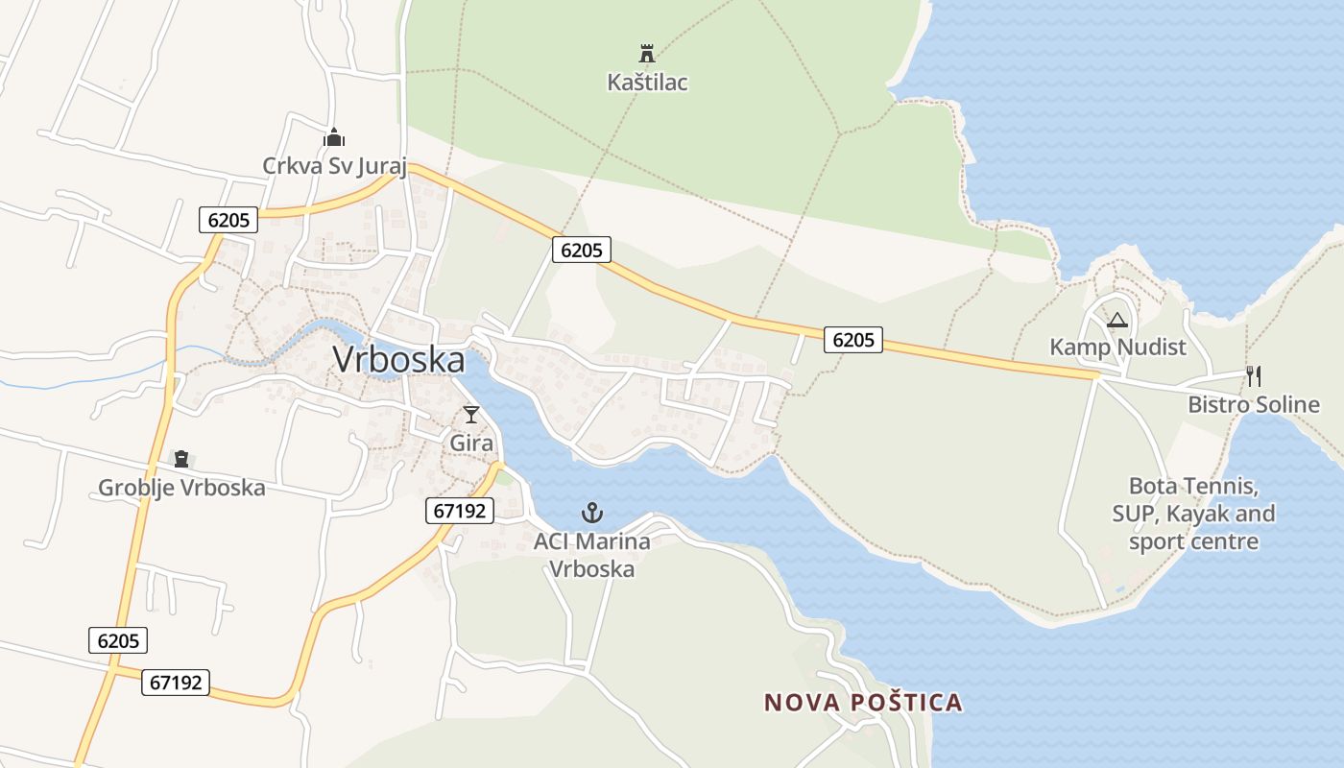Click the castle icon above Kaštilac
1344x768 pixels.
pos(647,53)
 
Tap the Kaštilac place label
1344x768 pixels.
pos(647,83)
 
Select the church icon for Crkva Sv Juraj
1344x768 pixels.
pos(334,137)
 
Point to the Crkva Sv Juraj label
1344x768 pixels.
pos(335,166)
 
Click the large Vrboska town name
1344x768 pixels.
pos(398,360)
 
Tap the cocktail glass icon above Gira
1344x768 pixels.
pos(471,415)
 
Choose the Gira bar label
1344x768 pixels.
pos(471,444)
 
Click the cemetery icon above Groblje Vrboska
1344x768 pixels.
pos(181,459)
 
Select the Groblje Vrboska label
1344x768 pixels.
pos(181,488)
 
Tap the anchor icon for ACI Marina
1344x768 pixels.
pos(592,512)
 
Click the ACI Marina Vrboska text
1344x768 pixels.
pos(592,555)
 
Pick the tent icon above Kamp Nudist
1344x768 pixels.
pos(1116,320)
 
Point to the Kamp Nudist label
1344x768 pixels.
pos(1117,348)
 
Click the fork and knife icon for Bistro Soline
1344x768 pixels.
pos(1254,375)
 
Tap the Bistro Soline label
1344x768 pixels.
pos(1254,404)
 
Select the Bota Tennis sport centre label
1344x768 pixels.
pos(1193,514)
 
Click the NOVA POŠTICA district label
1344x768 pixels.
pos(863,703)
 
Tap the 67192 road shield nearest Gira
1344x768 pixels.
pos(460,511)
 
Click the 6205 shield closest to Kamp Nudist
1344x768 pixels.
pos(852,339)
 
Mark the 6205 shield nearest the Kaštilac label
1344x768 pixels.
pos(582,251)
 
